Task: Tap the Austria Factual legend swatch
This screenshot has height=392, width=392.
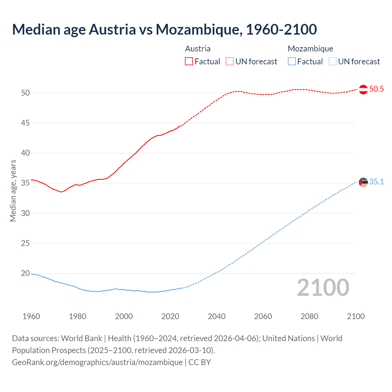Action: click(x=189, y=61)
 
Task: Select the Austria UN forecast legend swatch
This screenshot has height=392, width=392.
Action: click(x=230, y=61)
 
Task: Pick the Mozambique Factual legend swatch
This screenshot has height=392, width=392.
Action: click(x=292, y=61)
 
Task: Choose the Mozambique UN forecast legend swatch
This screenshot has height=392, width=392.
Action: click(x=333, y=61)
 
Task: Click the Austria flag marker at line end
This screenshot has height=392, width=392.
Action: click(x=363, y=89)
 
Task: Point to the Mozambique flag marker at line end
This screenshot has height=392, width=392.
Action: click(x=363, y=182)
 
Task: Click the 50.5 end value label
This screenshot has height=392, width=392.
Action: click(x=376, y=89)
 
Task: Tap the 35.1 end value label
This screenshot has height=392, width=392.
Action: click(x=376, y=182)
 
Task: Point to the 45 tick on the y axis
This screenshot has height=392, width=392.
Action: click(x=25, y=123)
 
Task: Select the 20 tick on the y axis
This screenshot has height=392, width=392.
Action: click(x=25, y=273)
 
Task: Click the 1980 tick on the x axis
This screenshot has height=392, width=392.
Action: click(x=77, y=316)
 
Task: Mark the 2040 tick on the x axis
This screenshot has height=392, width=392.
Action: click(x=217, y=316)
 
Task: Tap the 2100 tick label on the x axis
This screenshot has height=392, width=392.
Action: click(x=356, y=316)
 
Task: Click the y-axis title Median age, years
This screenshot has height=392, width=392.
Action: click(x=13, y=190)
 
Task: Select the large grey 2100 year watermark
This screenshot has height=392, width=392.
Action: click(x=323, y=287)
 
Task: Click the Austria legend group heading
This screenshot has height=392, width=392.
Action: click(x=198, y=49)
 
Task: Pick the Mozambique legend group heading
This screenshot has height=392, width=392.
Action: click(x=310, y=49)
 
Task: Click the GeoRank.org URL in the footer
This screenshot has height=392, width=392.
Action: click(x=97, y=362)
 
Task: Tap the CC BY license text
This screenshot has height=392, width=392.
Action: click(x=200, y=362)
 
